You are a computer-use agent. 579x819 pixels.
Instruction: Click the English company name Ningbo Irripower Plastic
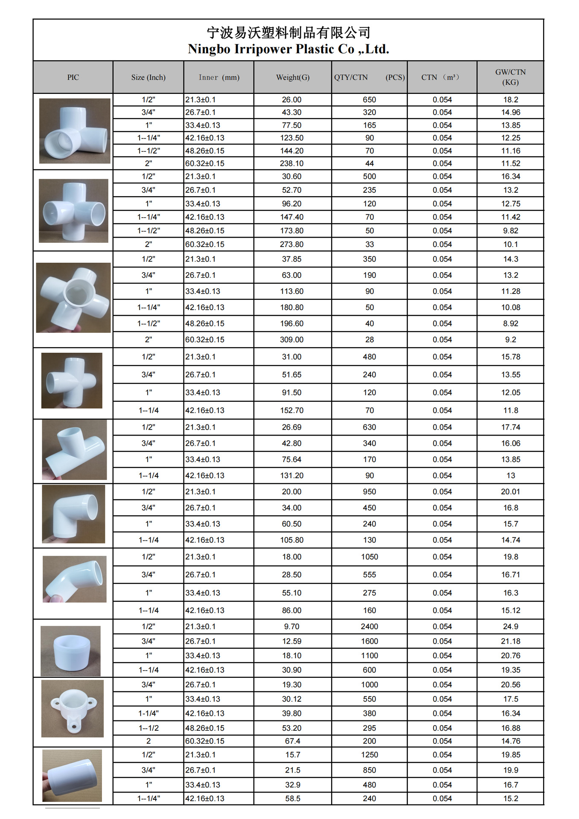(288, 49)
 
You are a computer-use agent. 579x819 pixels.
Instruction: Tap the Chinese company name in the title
(288, 32)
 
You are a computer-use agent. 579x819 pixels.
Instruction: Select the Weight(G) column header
(292, 77)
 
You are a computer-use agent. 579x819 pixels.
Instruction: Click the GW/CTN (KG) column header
(510, 77)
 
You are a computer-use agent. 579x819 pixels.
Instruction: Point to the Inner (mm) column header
(219, 77)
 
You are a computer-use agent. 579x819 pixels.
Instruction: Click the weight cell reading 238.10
(292, 163)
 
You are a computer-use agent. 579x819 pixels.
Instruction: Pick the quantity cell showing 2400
(369, 626)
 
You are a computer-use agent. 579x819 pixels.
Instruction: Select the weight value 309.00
(292, 340)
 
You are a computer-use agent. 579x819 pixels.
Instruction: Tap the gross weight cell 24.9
(510, 626)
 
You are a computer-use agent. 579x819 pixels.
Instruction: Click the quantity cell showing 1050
(369, 557)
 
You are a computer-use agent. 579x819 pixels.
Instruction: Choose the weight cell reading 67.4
(292, 741)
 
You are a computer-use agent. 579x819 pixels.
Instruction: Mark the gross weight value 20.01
(510, 491)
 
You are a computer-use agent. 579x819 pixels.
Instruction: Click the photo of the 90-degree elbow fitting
(73, 514)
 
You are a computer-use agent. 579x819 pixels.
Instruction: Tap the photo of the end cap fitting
(71, 651)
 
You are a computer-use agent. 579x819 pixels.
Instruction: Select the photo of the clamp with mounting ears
(73, 708)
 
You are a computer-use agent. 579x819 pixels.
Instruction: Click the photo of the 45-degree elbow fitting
(74, 579)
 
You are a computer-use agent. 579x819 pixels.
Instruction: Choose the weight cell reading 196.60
(292, 323)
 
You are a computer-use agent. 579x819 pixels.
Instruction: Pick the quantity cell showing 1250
(369, 755)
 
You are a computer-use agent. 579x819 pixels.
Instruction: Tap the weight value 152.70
(292, 410)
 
